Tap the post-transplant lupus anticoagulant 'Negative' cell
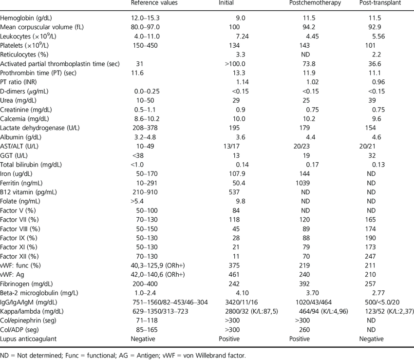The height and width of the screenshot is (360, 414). (x=373, y=340)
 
